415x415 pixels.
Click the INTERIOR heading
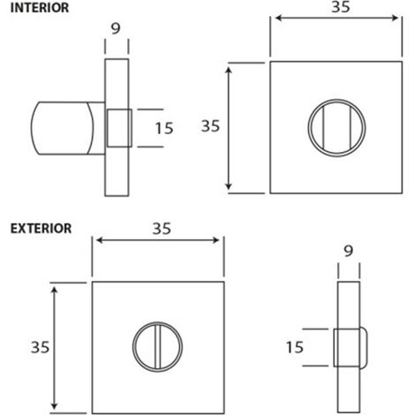40,8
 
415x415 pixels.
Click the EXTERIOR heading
41,229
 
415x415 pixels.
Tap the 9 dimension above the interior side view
116,29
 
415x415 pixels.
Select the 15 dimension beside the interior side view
164,128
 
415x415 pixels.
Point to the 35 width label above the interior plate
341,6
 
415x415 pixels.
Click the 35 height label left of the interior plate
210,126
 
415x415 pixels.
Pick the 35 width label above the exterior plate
162,229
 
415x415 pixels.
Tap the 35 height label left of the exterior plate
40,347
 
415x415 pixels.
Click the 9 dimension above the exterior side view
348,251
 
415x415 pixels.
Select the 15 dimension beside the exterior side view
295,347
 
